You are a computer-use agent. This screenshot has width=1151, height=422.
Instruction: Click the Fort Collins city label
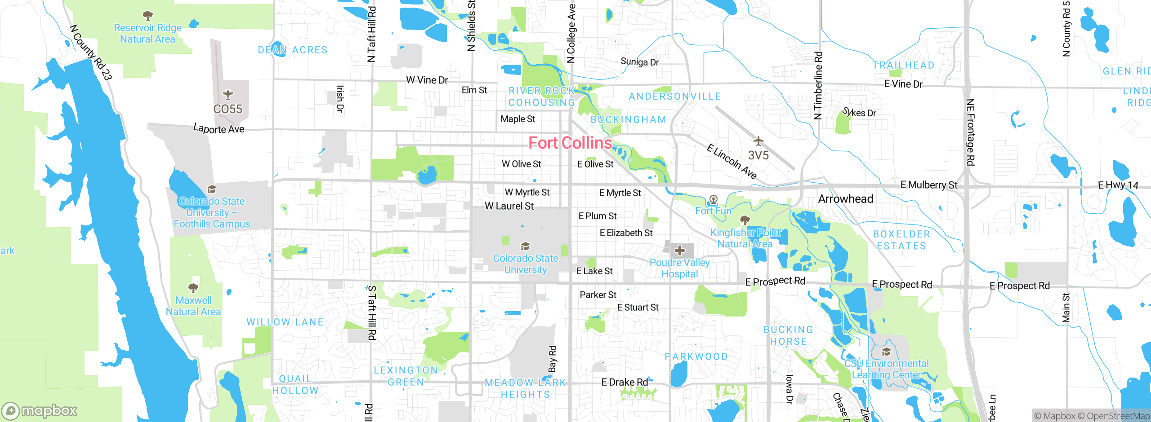pyautogui.click(x=570, y=143)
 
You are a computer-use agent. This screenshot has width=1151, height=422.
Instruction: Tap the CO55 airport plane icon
pyautogui.click(x=228, y=94)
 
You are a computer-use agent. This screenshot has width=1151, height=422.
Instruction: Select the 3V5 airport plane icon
pyautogui.click(x=758, y=141)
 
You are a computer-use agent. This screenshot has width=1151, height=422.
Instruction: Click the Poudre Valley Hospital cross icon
pyautogui.click(x=680, y=251)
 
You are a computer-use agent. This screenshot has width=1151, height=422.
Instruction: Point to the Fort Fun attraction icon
pyautogui.click(x=713, y=199)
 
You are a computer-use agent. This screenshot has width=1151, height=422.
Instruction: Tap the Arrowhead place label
pyautogui.click(x=845, y=199)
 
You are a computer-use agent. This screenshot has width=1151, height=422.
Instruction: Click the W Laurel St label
pyautogui.click(x=509, y=206)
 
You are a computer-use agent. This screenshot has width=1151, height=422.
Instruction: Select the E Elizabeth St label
pyautogui.click(x=626, y=233)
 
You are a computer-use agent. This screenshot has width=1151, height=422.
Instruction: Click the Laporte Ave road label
pyautogui.click(x=219, y=129)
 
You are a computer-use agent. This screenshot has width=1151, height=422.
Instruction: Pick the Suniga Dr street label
pyautogui.click(x=639, y=62)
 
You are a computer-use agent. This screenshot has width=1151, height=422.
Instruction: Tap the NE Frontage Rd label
pyautogui.click(x=970, y=132)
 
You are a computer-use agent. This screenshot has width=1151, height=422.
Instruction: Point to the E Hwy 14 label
pyautogui.click(x=1118, y=185)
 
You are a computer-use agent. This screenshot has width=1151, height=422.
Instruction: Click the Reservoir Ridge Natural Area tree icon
pyautogui.click(x=147, y=16)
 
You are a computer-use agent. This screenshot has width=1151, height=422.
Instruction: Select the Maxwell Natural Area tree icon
pyautogui.click(x=193, y=287)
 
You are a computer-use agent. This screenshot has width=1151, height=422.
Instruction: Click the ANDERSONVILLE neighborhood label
pyautogui.click(x=674, y=97)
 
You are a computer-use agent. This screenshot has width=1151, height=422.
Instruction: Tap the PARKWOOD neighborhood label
pyautogui.click(x=696, y=356)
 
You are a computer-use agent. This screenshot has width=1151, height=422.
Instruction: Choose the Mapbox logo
pyautogui.click(x=40, y=410)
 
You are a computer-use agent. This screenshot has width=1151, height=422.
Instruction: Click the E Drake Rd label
pyautogui.click(x=625, y=382)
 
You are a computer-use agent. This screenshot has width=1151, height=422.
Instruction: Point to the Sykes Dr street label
pyautogui.click(x=859, y=112)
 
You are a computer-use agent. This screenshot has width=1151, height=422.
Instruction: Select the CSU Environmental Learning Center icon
pyautogui.click(x=886, y=352)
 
